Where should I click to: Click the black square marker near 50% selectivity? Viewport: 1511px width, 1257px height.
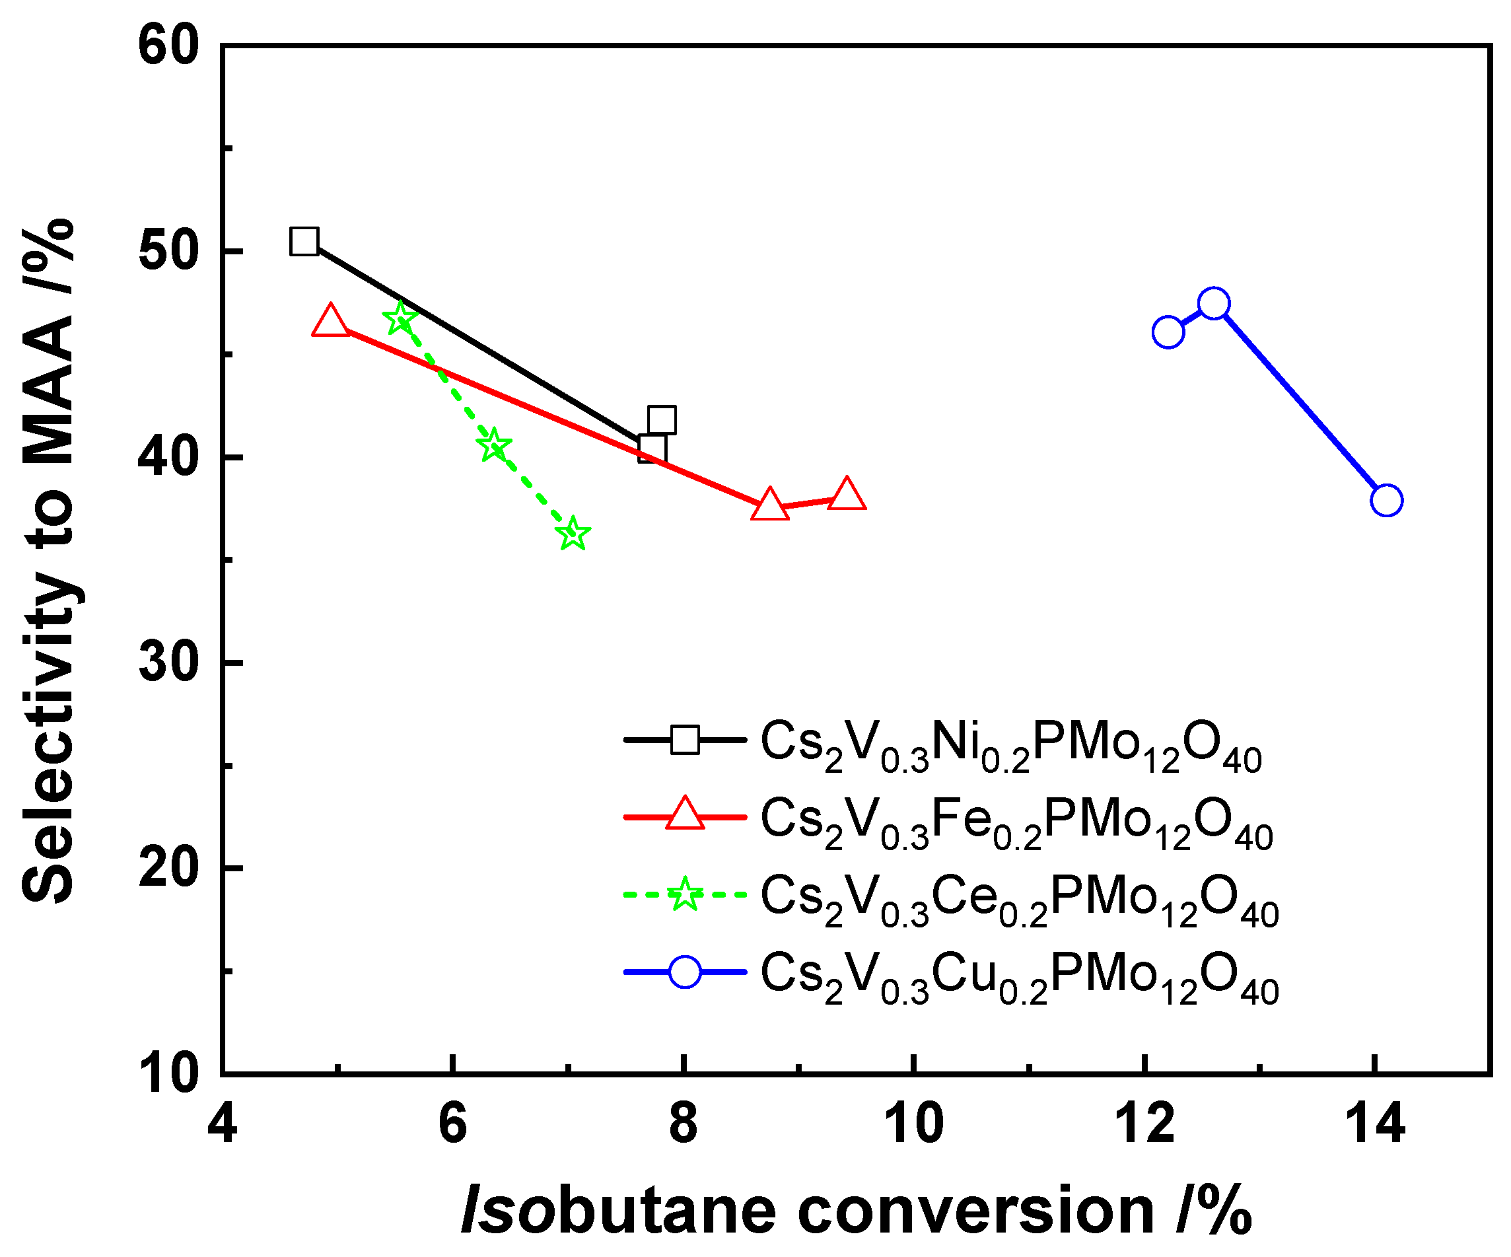pos(304,242)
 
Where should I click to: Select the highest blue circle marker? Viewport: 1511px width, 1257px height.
pos(1214,304)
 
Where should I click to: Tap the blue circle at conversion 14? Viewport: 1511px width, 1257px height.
pos(1387,500)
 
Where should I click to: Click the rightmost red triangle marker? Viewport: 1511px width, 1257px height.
pos(846,495)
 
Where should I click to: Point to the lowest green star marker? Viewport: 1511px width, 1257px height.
pos(573,534)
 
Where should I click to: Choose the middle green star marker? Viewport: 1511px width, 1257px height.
pos(493,445)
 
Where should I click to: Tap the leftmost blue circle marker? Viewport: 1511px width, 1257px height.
pos(1168,332)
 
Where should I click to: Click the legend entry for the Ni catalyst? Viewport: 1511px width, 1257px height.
pos(1011,744)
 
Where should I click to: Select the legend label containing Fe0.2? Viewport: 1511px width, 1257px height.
pos(1016,822)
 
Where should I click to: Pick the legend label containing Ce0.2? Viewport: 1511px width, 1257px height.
pos(1020,900)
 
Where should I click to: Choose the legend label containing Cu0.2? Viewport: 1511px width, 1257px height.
pos(1020,976)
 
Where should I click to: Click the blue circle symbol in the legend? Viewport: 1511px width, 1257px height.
pos(684,972)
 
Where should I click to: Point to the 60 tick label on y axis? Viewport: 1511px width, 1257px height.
pos(168,47)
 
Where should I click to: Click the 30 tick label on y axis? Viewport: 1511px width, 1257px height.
pos(168,663)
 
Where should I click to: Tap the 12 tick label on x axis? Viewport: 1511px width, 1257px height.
pos(1144,1123)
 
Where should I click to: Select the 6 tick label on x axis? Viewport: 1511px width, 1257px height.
pos(452,1123)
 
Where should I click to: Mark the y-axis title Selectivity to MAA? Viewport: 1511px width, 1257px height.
pos(49,561)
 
